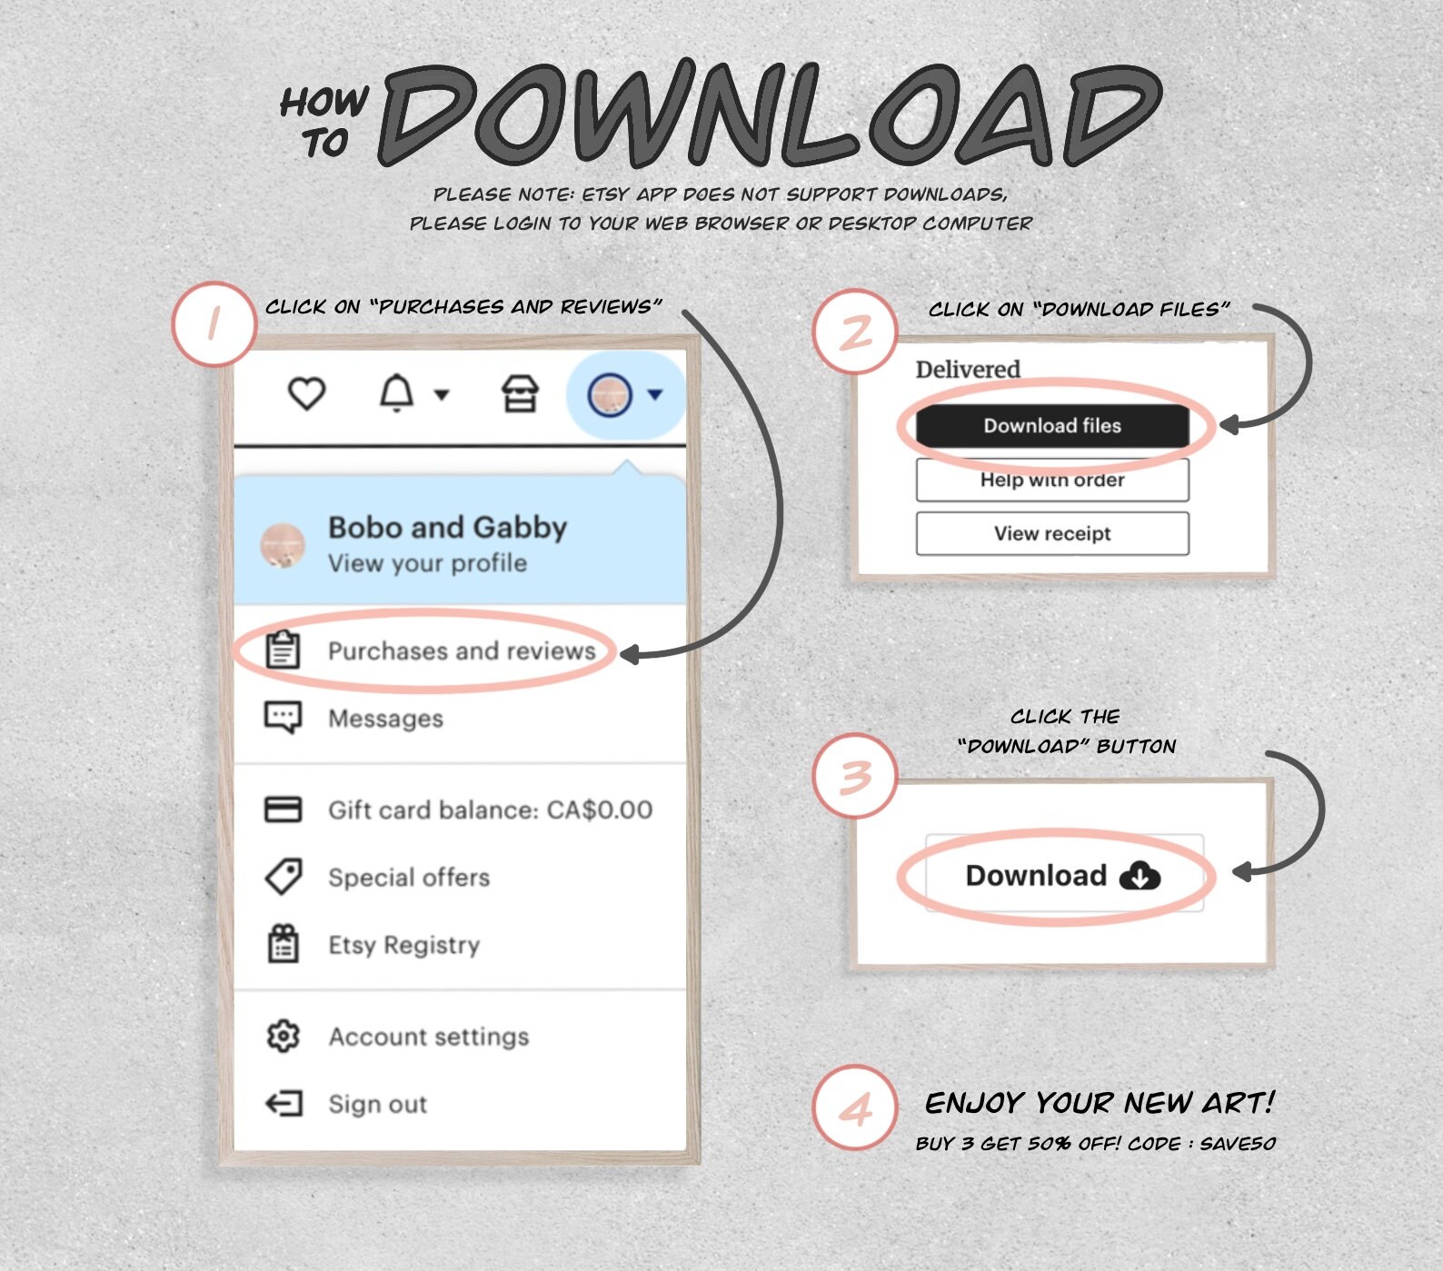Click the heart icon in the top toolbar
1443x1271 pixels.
(x=306, y=394)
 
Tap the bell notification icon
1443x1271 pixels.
(x=396, y=394)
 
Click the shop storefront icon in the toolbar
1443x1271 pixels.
(x=520, y=394)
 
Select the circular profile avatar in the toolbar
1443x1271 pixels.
(x=610, y=395)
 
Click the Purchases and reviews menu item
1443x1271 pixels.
(x=462, y=650)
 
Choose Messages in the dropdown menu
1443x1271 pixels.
(x=385, y=719)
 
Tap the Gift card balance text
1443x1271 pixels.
(x=490, y=809)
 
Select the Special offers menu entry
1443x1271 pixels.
(x=409, y=878)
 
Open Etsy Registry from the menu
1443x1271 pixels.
(x=403, y=946)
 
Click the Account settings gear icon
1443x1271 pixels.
(x=283, y=1036)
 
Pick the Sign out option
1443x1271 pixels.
(x=377, y=1104)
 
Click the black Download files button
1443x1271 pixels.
(x=1052, y=426)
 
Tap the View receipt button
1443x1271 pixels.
(x=1052, y=533)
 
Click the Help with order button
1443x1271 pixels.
(x=1052, y=480)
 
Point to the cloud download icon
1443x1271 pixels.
(x=1139, y=877)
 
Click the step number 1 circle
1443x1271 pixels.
(x=214, y=323)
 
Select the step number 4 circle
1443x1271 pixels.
(x=855, y=1108)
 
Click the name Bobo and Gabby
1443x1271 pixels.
(x=447, y=527)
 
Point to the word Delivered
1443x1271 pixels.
(x=968, y=369)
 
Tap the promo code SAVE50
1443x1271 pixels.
(x=1238, y=1143)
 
